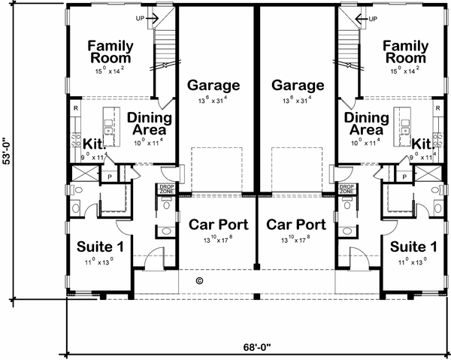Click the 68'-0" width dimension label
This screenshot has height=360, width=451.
256,347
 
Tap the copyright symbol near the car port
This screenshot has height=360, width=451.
199,280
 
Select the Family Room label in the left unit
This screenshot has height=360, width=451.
110,52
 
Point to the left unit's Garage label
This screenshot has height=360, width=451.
213,86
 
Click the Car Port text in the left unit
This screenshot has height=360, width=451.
214,225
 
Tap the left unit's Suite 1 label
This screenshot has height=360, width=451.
101,246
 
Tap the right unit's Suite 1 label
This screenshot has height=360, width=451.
412,246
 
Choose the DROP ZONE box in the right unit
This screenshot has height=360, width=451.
347,189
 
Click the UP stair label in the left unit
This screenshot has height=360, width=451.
141,17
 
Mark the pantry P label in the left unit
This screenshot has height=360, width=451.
109,176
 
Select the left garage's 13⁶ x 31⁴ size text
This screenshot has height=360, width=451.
213,100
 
